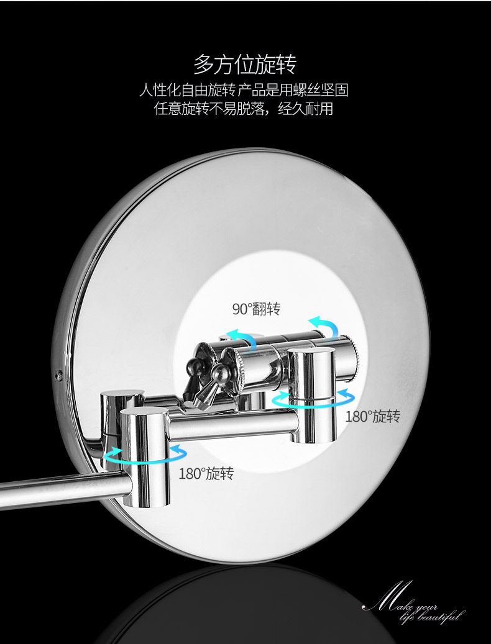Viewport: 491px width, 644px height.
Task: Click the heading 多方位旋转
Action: click(x=245, y=64)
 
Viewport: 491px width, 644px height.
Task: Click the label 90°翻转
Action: click(x=256, y=309)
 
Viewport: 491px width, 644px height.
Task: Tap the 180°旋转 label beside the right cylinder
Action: click(x=372, y=417)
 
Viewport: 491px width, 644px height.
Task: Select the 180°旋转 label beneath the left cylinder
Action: click(x=206, y=474)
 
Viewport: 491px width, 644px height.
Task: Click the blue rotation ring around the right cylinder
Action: click(x=314, y=401)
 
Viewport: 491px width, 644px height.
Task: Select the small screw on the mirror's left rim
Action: click(x=59, y=375)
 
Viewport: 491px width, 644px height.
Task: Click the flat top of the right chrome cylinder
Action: click(x=311, y=355)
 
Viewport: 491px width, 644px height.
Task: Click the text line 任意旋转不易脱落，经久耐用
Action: click(x=244, y=109)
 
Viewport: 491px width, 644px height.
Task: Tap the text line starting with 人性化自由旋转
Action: click(x=244, y=91)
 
